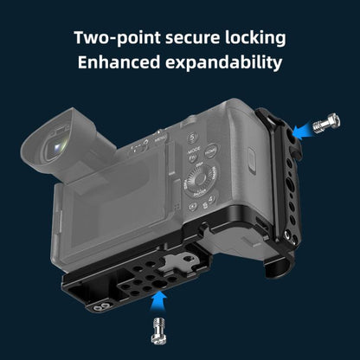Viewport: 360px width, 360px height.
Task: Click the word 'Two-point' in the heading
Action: [117, 38]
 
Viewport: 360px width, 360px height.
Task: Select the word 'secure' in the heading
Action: [192, 38]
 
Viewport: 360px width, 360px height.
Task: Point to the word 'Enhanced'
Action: [119, 62]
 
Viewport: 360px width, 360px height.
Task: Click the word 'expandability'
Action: [223, 62]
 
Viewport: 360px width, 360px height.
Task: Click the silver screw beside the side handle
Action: [326, 124]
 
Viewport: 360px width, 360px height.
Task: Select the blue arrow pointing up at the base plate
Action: [157, 301]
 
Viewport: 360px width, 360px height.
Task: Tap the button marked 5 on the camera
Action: [193, 138]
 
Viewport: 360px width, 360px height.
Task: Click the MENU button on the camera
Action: [160, 139]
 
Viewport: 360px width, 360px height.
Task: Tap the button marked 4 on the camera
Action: [212, 199]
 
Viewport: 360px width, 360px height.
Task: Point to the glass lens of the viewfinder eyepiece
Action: [59, 146]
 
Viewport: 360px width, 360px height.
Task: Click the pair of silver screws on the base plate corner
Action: [102, 307]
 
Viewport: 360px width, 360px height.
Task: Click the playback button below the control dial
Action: [192, 207]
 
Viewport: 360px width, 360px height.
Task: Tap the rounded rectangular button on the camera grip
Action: [252, 161]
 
